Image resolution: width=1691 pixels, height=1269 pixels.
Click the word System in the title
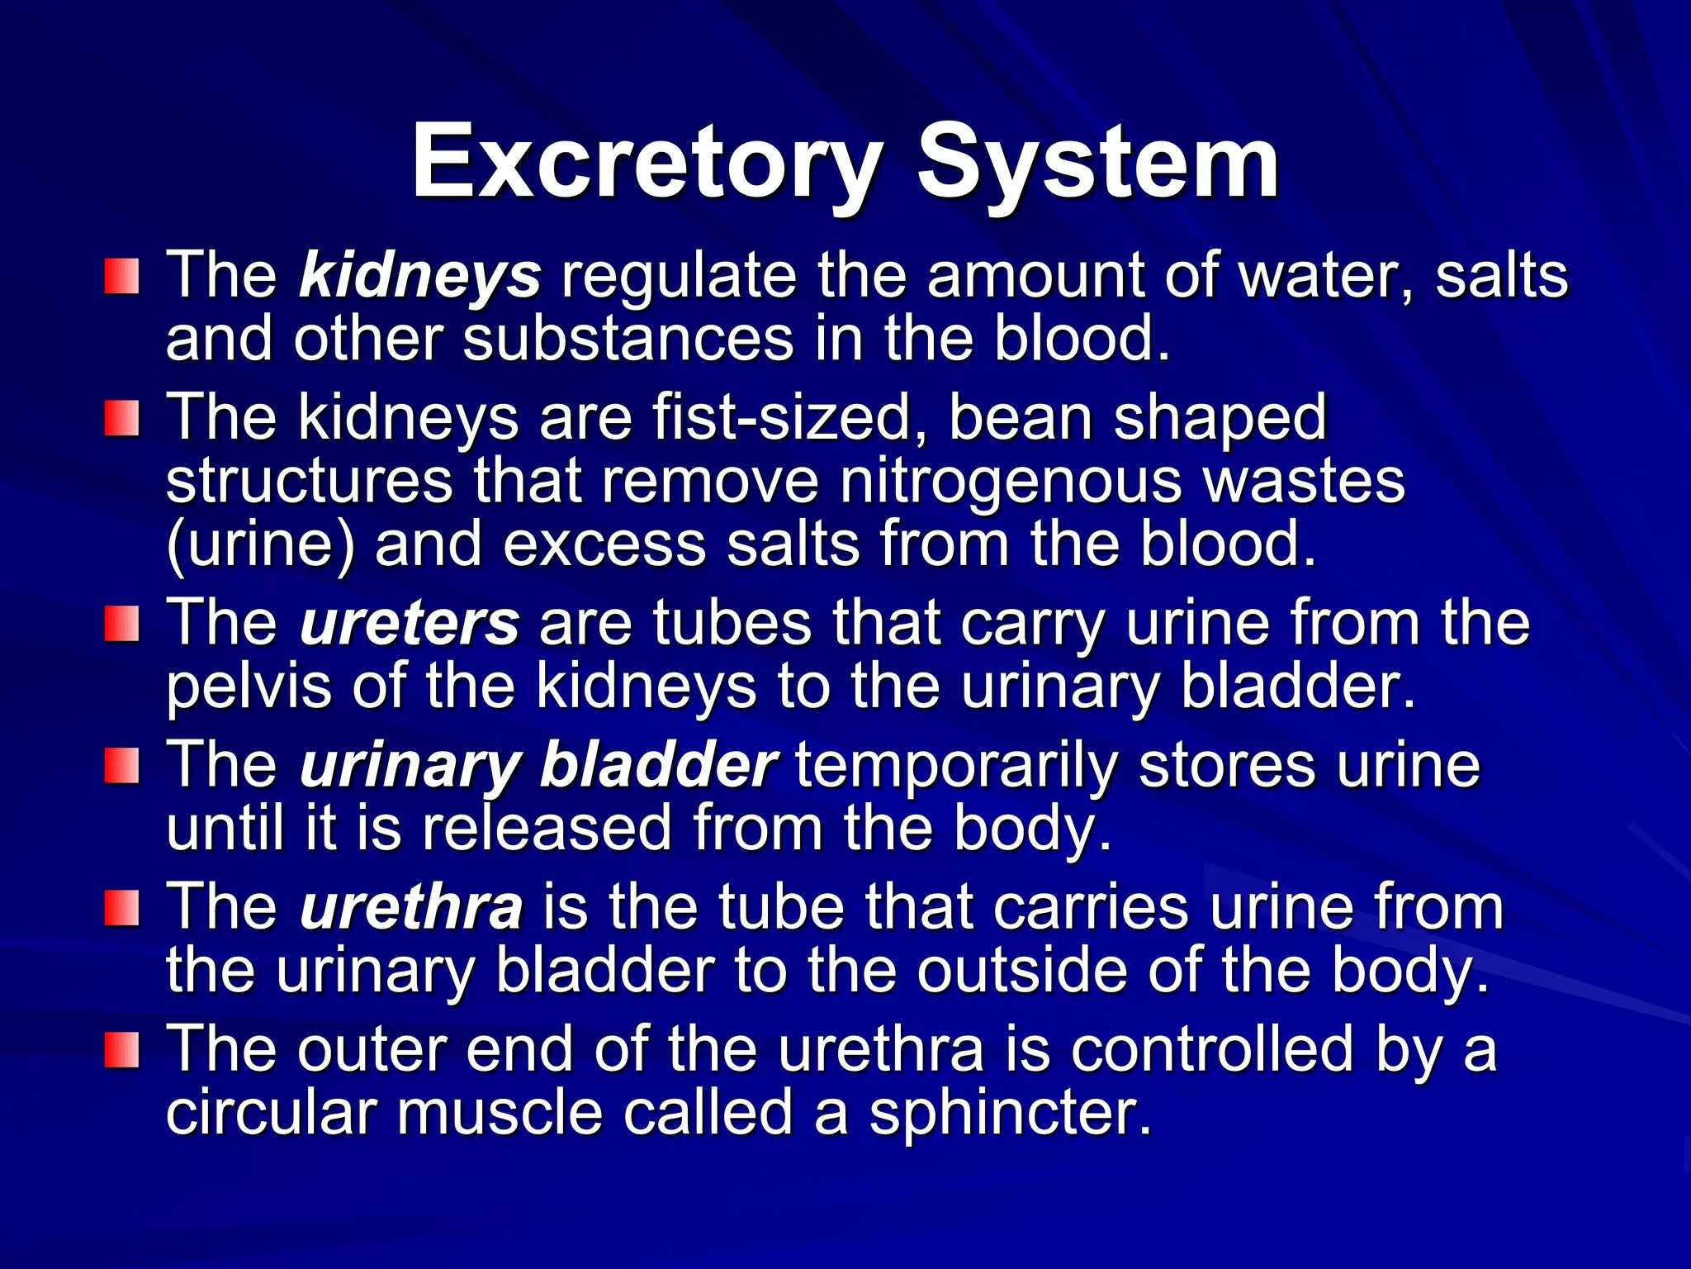coord(1097,162)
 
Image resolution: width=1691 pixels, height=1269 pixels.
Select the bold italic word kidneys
coord(420,276)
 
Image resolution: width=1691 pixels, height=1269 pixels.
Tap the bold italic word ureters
coord(410,623)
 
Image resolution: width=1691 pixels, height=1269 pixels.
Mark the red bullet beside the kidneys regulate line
coord(122,276)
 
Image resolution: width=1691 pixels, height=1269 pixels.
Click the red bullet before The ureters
coord(122,623)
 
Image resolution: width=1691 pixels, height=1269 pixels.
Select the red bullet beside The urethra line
coord(122,907)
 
